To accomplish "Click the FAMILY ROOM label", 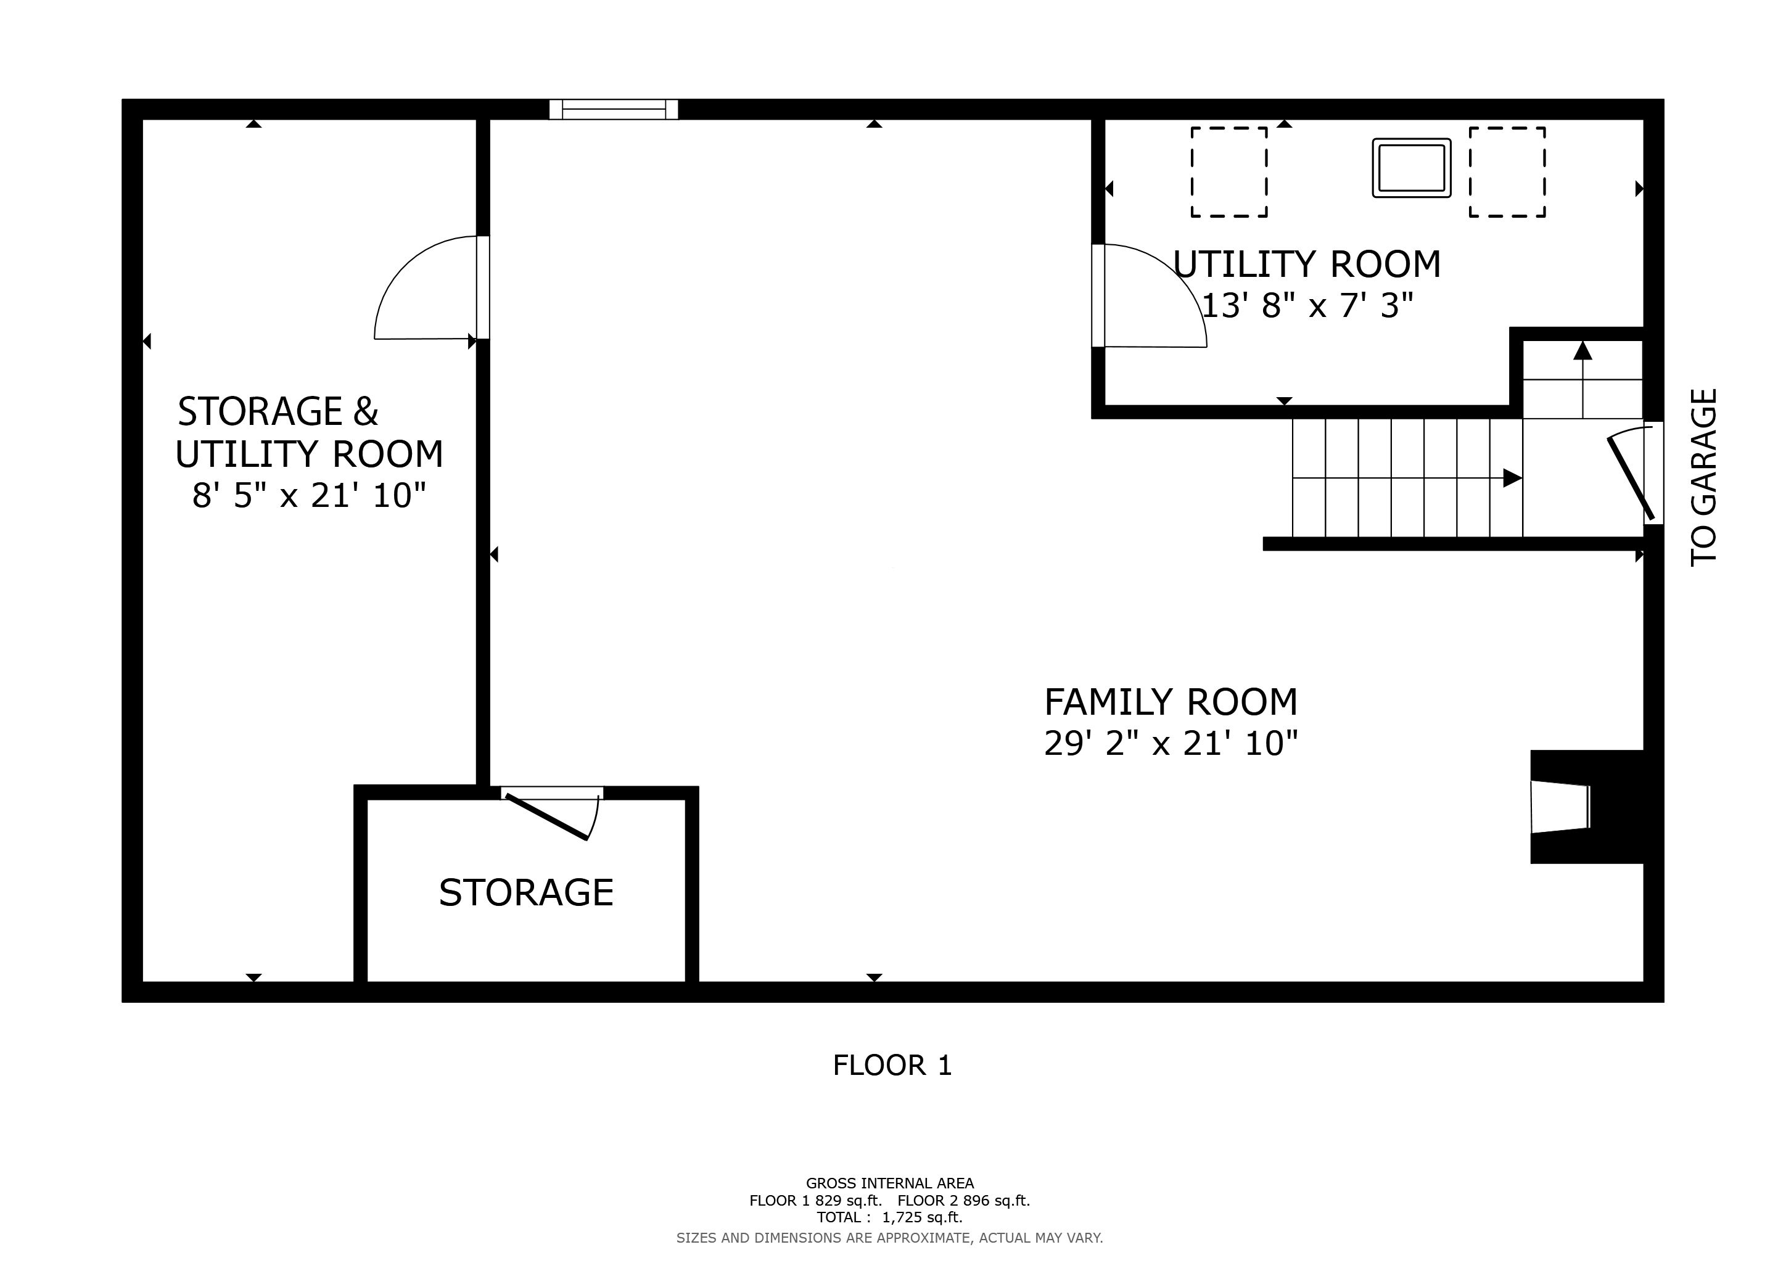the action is tap(1171, 702).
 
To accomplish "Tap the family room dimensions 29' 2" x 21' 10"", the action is tap(1171, 744).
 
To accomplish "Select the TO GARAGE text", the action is tap(1703, 477).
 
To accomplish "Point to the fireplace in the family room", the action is tap(1586, 807).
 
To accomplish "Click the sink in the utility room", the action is tap(1411, 168).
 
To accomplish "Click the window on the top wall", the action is tap(614, 110).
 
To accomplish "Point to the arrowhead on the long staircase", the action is tap(1512, 477).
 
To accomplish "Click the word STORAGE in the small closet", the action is tap(526, 893).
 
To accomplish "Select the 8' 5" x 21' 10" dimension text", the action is tap(310, 495).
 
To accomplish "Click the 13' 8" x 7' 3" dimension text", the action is tap(1307, 306).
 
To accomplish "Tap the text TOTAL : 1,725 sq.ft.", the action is tap(890, 1217).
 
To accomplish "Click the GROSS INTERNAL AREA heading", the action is tap(890, 1183).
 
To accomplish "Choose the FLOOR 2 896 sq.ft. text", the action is tap(964, 1200).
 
